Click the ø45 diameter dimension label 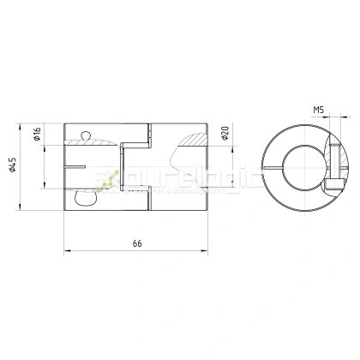pos(14,166)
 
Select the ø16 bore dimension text pos(38,135)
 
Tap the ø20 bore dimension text pos(225,135)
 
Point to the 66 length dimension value pos(137,243)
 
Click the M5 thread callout pos(319,110)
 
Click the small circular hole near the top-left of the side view pos(84,135)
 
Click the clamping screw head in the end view pos(337,183)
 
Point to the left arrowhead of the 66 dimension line pos(67,251)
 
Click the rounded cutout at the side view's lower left pos(86,198)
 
